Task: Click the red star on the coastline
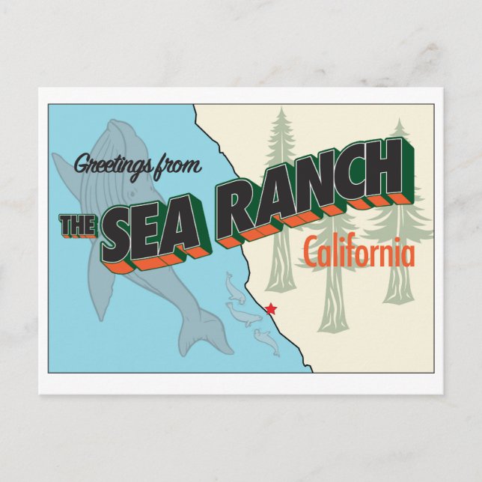[x=271, y=308]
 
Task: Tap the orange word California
[x=359, y=254]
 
